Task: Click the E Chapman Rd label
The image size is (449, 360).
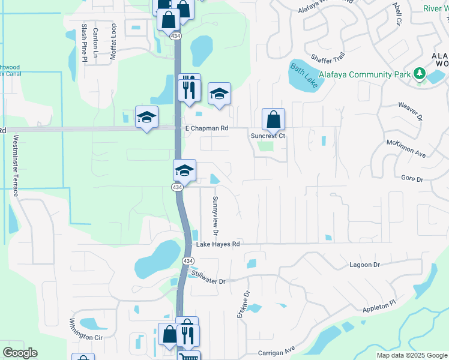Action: pyautogui.click(x=207, y=128)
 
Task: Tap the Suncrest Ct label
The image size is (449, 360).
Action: pyautogui.click(x=268, y=136)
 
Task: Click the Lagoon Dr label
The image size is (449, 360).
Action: pyautogui.click(x=365, y=265)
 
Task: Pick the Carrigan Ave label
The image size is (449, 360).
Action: pyautogui.click(x=277, y=350)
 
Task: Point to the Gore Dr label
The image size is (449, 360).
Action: pyautogui.click(x=412, y=179)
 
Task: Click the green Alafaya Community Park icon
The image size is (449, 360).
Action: pyautogui.click(x=420, y=74)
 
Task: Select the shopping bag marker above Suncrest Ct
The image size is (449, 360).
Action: pyautogui.click(x=273, y=119)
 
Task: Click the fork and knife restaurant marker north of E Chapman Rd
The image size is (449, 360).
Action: pyautogui.click(x=189, y=89)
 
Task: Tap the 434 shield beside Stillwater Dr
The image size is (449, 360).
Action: pyautogui.click(x=188, y=261)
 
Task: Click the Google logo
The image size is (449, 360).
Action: pyautogui.click(x=20, y=353)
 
